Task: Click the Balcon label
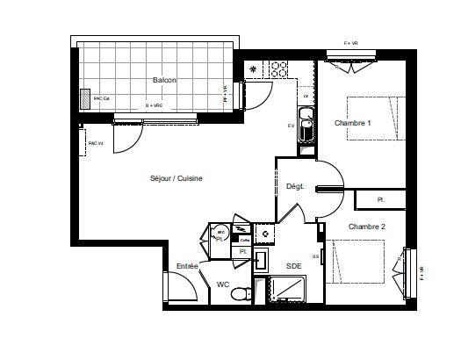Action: (164, 80)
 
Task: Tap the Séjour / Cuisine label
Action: (176, 178)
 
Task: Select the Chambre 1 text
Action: (352, 123)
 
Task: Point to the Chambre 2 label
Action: (366, 227)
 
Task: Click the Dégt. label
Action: (294, 186)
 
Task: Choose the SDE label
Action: (293, 264)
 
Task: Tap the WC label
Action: (224, 284)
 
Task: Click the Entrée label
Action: (187, 265)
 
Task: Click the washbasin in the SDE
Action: (261, 259)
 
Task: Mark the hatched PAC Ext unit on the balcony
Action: (84, 99)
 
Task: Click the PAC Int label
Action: (96, 143)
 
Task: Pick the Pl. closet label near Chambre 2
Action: (381, 200)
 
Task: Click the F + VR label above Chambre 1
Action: (351, 43)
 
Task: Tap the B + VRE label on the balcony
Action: (155, 105)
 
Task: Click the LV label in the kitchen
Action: (306, 96)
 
